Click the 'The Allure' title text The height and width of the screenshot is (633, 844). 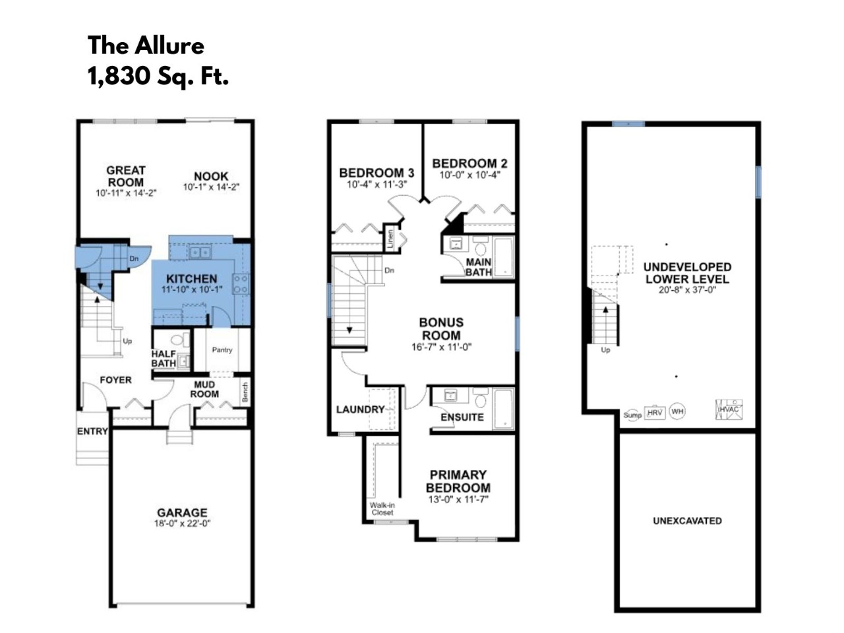click(146, 45)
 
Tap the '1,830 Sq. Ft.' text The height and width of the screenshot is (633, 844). click(158, 76)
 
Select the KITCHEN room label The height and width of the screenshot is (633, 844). click(191, 279)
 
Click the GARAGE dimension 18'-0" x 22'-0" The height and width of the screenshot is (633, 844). click(182, 524)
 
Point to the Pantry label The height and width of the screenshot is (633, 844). click(222, 349)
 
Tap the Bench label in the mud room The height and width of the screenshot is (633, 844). click(245, 392)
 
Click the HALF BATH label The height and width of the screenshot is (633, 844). click(164, 358)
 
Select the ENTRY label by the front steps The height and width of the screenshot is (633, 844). click(92, 431)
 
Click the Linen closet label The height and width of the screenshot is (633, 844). click(390, 238)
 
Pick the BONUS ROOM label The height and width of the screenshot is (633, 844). click(441, 328)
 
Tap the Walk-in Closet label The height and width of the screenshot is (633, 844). click(382, 508)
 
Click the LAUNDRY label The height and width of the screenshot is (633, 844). click(360, 409)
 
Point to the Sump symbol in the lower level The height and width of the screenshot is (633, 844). click(632, 415)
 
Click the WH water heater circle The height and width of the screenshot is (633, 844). click(677, 411)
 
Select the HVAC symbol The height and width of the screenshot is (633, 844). click(729, 409)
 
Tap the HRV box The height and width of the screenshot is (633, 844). click(655, 412)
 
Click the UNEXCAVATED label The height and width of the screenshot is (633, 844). click(687, 521)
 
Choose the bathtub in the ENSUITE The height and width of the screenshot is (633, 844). click(503, 409)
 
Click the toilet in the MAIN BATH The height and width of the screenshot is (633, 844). click(481, 247)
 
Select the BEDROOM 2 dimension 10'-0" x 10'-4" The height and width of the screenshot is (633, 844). click(470, 175)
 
